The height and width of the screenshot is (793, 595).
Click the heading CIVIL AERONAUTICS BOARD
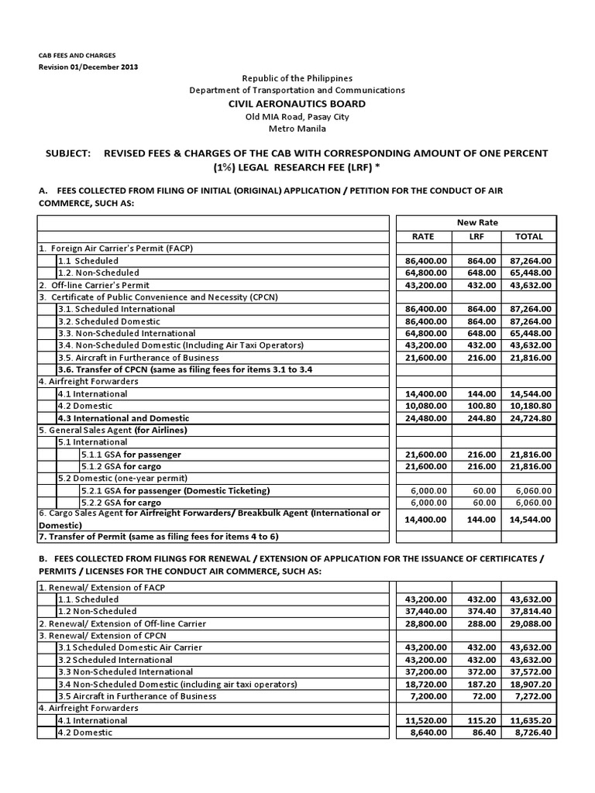297,104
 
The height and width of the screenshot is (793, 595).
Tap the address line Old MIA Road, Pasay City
297,117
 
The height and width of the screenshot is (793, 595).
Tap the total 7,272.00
531,696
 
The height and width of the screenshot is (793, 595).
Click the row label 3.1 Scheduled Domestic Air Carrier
130,647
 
